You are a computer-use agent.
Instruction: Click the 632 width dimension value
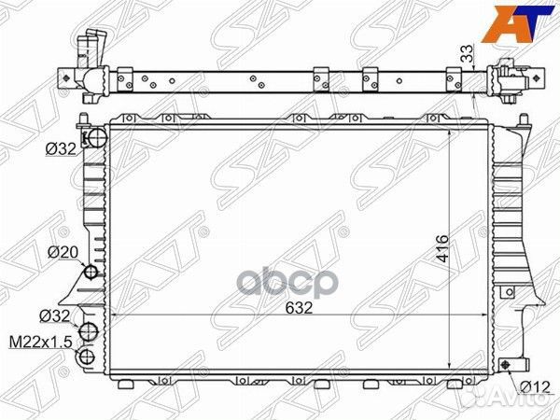click(x=299, y=306)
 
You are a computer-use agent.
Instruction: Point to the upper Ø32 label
click(x=59, y=147)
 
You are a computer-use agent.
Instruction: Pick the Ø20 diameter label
click(x=62, y=253)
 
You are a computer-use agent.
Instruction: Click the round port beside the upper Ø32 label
click(x=91, y=140)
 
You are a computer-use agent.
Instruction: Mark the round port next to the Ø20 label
click(x=91, y=273)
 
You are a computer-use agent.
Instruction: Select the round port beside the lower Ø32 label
click(x=89, y=333)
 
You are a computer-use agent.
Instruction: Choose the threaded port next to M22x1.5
click(x=88, y=356)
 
